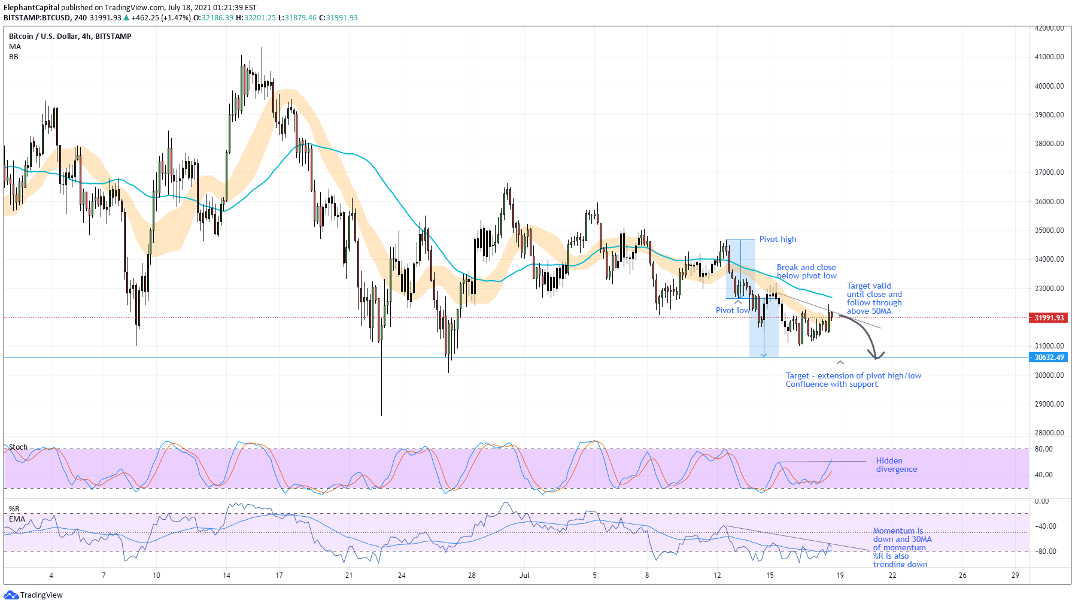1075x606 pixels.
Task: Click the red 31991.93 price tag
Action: pos(1049,317)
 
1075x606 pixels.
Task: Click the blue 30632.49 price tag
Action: pos(1049,357)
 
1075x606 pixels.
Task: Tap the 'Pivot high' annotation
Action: pos(778,239)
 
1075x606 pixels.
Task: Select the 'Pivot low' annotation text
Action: pos(732,310)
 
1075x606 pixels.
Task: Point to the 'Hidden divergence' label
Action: pos(896,465)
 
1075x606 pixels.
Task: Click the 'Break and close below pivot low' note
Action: pos(806,271)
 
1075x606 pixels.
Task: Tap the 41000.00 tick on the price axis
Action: pos(1049,57)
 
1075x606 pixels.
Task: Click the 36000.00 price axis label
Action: pos(1049,202)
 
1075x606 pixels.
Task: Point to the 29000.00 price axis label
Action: pos(1049,404)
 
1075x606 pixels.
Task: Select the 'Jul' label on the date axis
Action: pos(524,575)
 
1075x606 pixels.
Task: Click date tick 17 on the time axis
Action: pos(279,575)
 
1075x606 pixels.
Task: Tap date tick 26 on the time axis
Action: pos(962,575)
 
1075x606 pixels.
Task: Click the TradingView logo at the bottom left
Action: pos(34,595)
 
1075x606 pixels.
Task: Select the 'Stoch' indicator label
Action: pos(18,447)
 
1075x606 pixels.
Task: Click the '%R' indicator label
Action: pos(14,509)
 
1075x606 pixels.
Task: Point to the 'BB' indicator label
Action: pos(13,57)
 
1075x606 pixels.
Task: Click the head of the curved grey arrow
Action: pos(877,356)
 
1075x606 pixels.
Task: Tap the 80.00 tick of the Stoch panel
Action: pos(1043,449)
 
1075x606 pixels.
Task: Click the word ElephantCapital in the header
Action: pos(31,8)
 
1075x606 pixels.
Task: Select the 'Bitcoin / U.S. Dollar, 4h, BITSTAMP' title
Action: pos(70,37)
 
